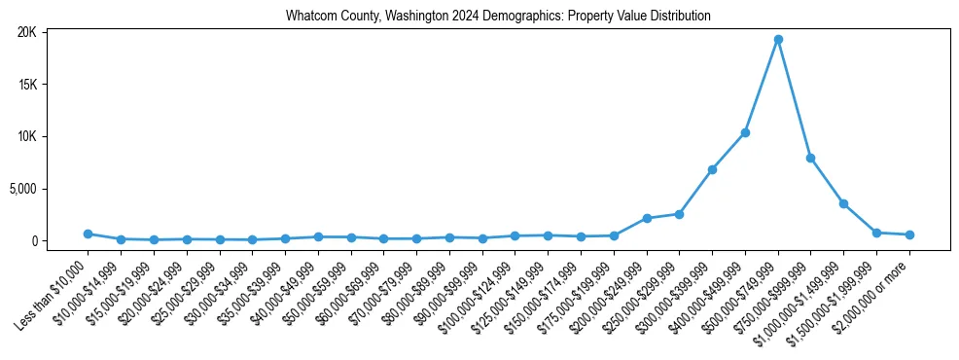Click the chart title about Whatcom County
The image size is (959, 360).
click(498, 17)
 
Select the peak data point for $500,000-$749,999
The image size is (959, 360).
click(778, 40)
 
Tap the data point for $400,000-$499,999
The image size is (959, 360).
click(745, 132)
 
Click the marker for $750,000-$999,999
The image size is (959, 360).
click(810, 158)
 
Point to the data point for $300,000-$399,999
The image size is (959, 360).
click(712, 169)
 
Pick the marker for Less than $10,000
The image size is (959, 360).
click(88, 234)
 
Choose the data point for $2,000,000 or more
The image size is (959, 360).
click(909, 234)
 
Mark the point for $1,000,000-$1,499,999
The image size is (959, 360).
click(843, 203)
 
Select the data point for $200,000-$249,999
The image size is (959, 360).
click(647, 218)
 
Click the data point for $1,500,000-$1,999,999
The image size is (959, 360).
click(876, 233)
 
